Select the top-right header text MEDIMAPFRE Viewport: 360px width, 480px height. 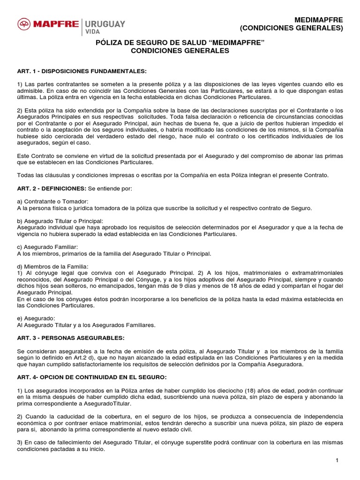coord(319,20)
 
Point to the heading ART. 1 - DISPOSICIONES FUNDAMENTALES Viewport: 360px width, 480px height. coord(82,71)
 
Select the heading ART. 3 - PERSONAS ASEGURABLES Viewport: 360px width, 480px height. coord(70,337)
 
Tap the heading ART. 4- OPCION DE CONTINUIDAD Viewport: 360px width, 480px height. coord(91,377)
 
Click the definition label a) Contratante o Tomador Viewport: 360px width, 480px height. coord(52,201)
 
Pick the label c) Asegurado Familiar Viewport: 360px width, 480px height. coord(47,247)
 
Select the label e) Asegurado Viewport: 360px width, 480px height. coord(36,318)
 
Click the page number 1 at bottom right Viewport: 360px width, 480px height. coord(337,461)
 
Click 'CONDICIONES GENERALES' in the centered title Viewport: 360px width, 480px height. coord(180,51)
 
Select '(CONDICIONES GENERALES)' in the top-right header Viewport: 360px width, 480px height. coord(292,28)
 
